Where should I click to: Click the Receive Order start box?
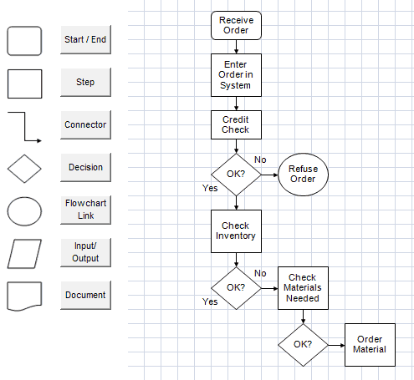[x=236, y=26]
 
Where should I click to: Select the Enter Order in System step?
[x=236, y=74]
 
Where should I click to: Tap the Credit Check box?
[x=236, y=124]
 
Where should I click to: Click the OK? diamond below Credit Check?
[x=236, y=175]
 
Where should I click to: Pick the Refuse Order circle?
[x=302, y=175]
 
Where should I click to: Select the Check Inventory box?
[x=236, y=231]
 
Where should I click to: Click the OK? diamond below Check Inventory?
[x=236, y=287]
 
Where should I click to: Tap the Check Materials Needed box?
[x=303, y=288]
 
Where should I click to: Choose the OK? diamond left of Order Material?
[x=303, y=344]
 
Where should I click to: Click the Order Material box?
[x=370, y=344]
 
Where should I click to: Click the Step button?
[x=85, y=83]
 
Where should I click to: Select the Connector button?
[x=85, y=125]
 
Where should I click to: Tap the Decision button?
[x=85, y=167]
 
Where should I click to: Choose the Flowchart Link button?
[x=85, y=210]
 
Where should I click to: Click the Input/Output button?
[x=85, y=252]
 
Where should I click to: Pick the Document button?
[x=85, y=295]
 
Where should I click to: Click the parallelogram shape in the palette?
[x=24, y=254]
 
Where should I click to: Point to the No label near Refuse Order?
[x=260, y=160]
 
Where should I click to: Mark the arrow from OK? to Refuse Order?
[x=268, y=175]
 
